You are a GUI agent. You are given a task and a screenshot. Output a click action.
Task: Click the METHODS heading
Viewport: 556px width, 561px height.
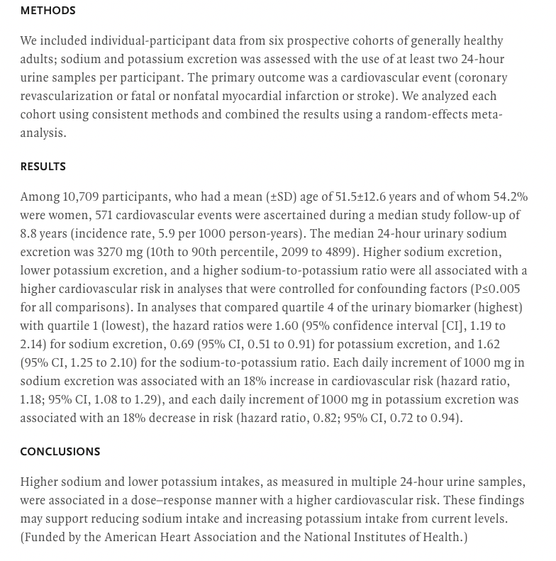[48, 11]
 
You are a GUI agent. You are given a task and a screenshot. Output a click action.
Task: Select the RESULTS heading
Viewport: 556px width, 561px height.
[43, 167]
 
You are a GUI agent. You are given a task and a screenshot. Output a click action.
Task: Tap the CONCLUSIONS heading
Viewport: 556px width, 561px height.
[60, 452]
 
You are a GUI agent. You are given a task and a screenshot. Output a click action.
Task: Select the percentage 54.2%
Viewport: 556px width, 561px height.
[510, 197]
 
